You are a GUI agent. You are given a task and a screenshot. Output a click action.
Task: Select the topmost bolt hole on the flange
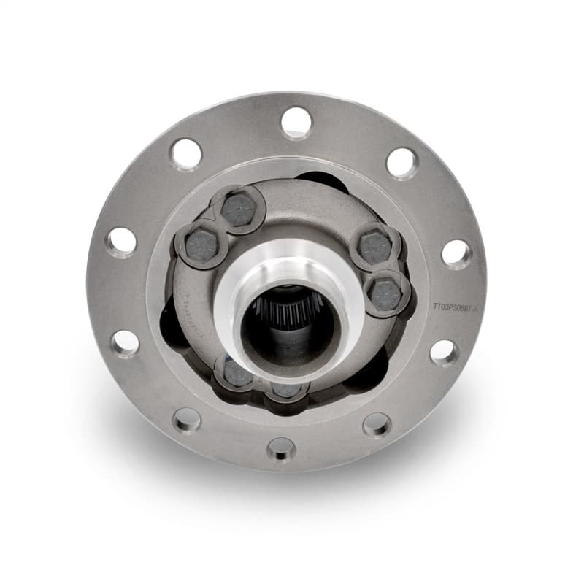296,122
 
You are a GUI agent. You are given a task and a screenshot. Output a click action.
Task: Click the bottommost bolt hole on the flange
281,448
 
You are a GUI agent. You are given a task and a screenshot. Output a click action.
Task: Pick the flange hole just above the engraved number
456,253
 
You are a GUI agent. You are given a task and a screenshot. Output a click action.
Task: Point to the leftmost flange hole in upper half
122,241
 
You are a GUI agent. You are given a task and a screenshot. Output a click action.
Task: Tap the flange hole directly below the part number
444,352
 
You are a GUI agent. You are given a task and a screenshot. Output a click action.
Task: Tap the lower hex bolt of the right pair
386,293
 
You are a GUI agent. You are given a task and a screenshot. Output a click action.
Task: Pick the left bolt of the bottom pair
237,372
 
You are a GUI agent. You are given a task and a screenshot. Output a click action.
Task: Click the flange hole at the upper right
401,162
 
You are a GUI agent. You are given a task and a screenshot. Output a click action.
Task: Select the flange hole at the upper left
186,154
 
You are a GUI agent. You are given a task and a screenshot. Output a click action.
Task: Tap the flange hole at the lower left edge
125,342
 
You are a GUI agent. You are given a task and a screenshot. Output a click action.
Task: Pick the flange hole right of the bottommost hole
377,424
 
